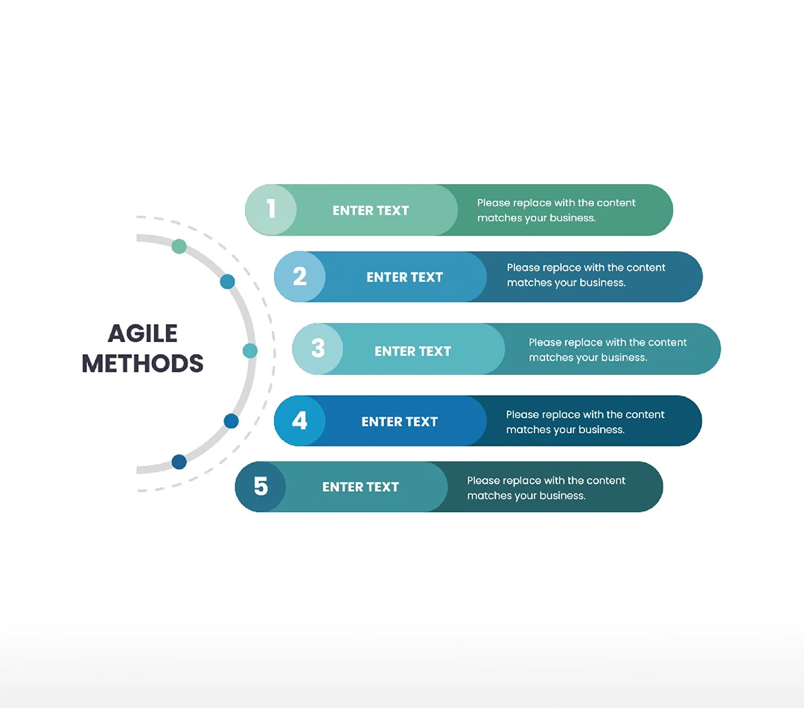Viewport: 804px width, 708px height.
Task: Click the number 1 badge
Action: point(271,209)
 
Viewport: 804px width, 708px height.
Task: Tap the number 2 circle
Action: point(300,276)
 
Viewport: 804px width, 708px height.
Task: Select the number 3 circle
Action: point(318,349)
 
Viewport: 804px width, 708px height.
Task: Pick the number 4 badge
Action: point(299,421)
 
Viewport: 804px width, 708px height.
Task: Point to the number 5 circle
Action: point(261,487)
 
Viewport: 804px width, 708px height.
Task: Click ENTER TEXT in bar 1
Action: point(371,211)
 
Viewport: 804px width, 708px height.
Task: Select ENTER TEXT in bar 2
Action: point(404,277)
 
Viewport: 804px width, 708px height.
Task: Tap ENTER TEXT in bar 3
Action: point(412,351)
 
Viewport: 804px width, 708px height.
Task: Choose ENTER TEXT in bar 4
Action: point(399,422)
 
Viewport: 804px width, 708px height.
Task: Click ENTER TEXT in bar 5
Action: point(360,487)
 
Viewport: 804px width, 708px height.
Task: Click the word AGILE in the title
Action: point(142,333)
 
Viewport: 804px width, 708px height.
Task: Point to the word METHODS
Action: point(142,364)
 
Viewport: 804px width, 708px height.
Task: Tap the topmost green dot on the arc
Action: point(179,246)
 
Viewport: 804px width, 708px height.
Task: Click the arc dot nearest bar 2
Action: point(227,282)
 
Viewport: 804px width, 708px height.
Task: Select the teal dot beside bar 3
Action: point(250,350)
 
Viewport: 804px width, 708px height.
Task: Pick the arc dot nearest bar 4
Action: point(231,421)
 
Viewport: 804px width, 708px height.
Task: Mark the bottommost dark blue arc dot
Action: point(179,462)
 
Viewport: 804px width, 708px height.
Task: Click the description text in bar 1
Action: point(555,210)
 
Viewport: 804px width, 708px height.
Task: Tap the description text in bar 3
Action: point(607,350)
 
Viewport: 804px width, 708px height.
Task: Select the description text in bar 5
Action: point(546,488)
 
